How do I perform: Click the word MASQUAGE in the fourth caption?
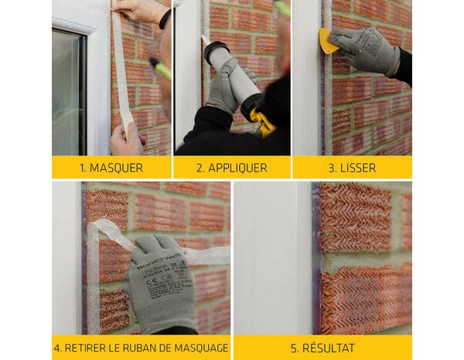pos(202,348)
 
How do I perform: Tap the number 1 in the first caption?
pos(82,168)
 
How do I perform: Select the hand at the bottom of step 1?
pos(125,141)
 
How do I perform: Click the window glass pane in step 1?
pos(68,93)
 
